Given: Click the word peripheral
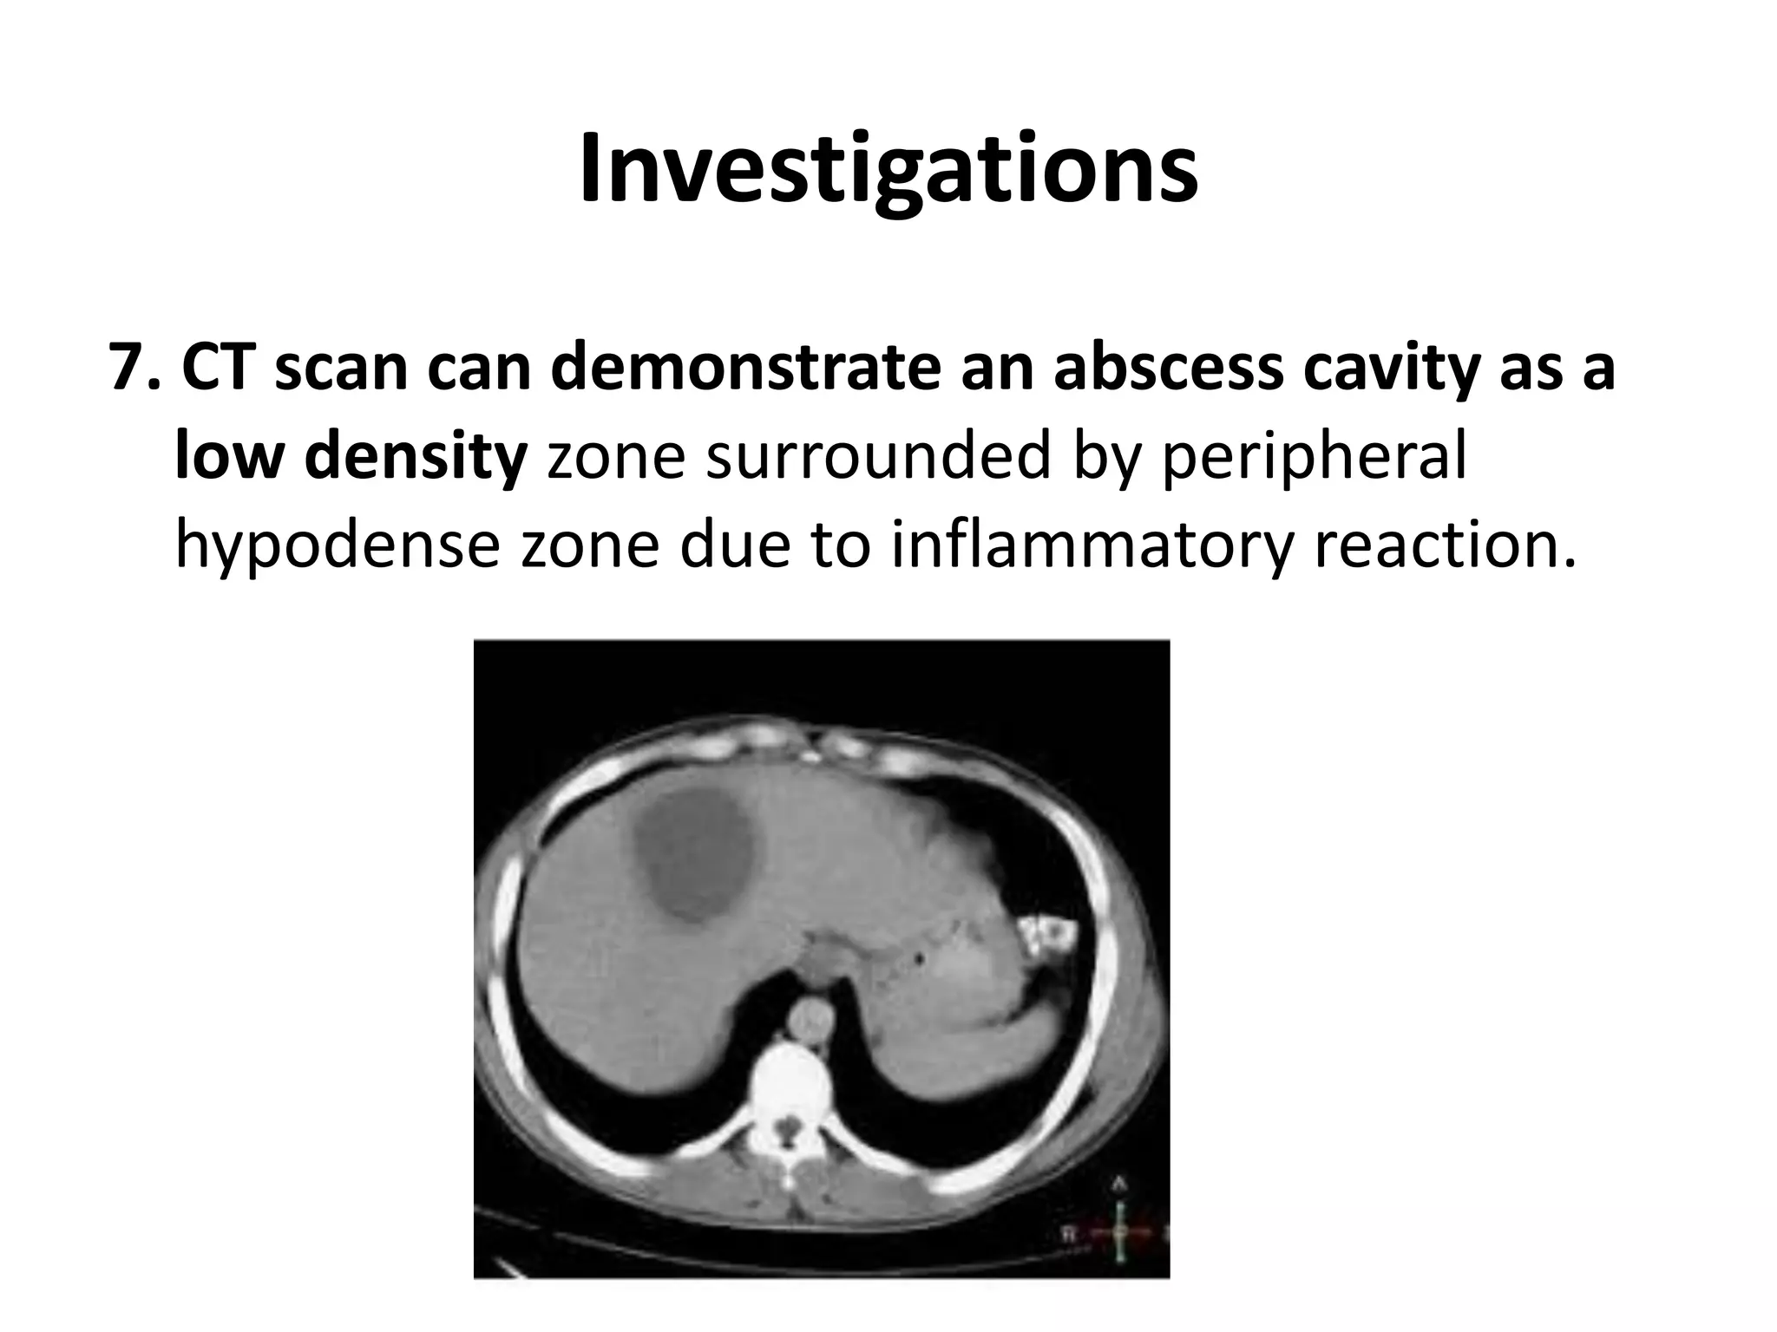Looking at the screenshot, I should coord(1314,457).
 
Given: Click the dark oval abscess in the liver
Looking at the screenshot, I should coord(692,854).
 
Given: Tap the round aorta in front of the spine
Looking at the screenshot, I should coord(811,1015).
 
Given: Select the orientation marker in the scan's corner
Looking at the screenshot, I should coord(1119,1231).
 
